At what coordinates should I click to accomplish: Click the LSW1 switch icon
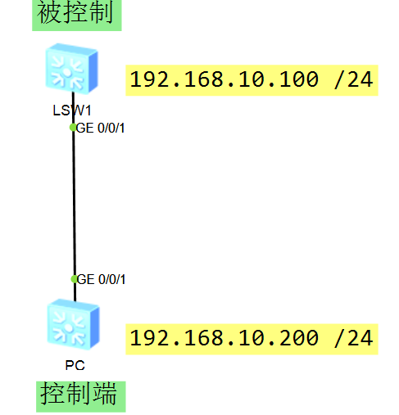[x=71, y=69]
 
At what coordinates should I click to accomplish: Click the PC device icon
[x=73, y=324]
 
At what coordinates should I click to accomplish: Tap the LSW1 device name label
[x=72, y=111]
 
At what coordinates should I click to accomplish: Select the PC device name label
[x=75, y=365]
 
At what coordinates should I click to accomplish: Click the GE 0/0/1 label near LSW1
[x=100, y=128]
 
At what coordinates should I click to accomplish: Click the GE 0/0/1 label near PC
[x=101, y=279]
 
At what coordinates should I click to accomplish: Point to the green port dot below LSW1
[x=73, y=127]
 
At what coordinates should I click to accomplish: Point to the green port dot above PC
[x=75, y=279]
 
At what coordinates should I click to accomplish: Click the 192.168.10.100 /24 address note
[x=252, y=80]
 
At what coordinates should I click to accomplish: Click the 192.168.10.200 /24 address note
[x=252, y=339]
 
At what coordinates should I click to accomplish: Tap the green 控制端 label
[x=81, y=396]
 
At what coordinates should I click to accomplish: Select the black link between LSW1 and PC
[x=74, y=196]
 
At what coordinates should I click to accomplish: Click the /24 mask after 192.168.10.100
[x=354, y=79]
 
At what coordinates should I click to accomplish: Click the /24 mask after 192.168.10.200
[x=354, y=338]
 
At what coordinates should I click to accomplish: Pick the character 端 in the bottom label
[x=105, y=394]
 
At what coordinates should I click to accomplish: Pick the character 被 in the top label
[x=48, y=12]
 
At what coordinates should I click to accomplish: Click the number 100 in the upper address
[x=298, y=79]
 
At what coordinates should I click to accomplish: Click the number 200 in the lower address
[x=298, y=338]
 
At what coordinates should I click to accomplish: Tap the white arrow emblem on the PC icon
[x=68, y=328]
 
